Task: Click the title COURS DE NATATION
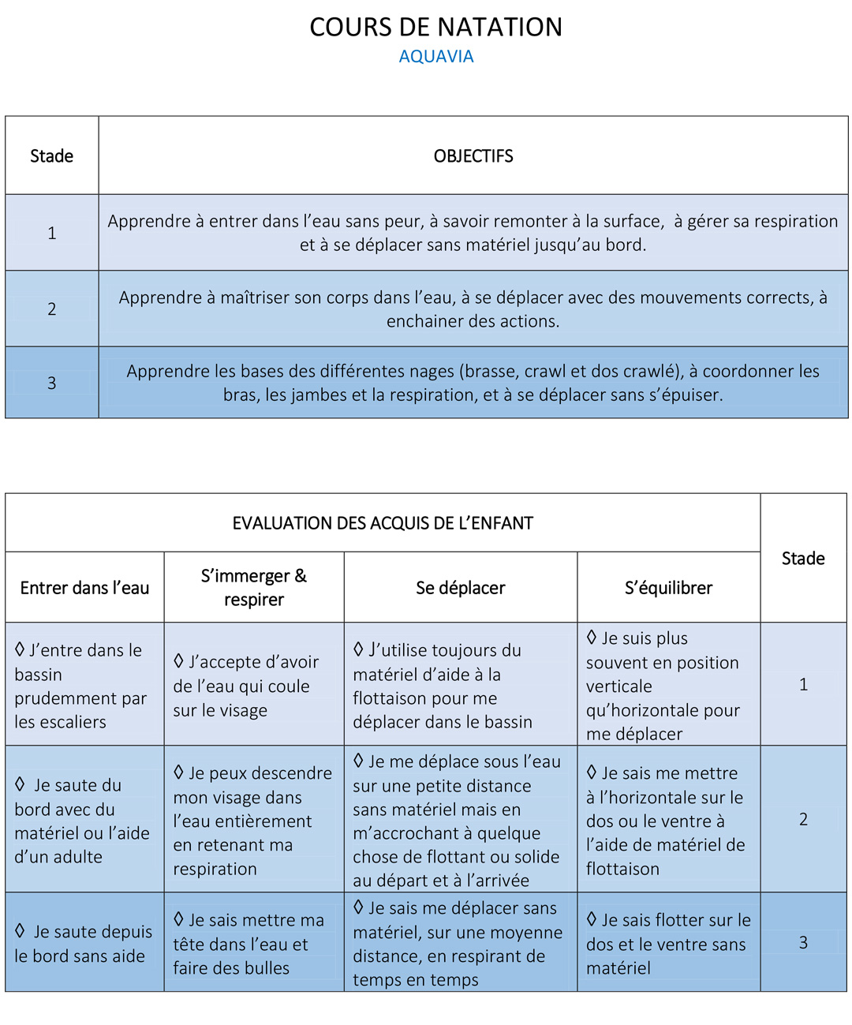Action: [435, 28]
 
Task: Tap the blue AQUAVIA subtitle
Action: [435, 57]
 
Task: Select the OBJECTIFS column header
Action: [473, 156]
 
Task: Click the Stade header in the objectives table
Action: [51, 156]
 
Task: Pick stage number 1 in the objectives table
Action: [51, 233]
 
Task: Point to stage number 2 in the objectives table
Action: [51, 309]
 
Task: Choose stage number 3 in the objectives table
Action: [51, 383]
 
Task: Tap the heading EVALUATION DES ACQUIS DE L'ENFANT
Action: [383, 523]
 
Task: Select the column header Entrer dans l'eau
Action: [84, 588]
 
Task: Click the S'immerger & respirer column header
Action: [254, 588]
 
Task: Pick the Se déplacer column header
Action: [460, 588]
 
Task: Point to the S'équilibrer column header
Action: [668, 588]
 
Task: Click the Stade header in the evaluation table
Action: [803, 559]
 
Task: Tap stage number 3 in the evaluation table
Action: [803, 942]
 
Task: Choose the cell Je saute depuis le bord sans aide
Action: [84, 944]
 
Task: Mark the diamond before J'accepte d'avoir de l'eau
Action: [178, 660]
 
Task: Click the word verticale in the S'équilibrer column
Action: [618, 686]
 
